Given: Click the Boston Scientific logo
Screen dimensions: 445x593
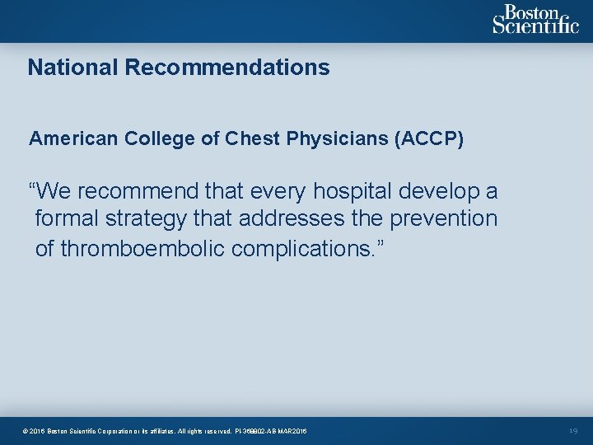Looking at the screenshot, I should (x=535, y=20).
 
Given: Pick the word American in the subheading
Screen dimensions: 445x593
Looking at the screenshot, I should (x=73, y=138).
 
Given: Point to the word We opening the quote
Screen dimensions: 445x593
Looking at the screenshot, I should (x=49, y=192).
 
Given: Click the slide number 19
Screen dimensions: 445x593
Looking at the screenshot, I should (x=573, y=431).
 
